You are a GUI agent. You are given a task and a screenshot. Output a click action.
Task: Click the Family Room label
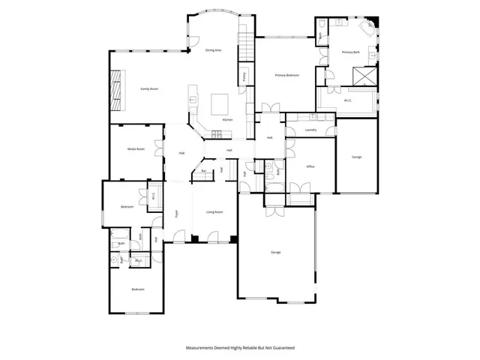coord(149,88)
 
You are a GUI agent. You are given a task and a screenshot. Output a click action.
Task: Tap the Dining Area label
coord(213,49)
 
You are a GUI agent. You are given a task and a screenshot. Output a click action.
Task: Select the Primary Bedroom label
coord(287,75)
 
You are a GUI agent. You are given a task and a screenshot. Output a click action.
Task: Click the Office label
coord(310,166)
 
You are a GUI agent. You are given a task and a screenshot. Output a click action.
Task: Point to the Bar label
coord(204,171)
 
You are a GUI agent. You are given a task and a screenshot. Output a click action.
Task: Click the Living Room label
coord(214,212)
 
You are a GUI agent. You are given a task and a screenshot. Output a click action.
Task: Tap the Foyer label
coord(177,213)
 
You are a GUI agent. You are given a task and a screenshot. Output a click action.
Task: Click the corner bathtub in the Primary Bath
coord(367,28)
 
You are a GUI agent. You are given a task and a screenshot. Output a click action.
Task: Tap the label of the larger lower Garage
coord(276,252)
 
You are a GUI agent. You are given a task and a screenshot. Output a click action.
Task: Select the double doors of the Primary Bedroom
coord(269,107)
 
